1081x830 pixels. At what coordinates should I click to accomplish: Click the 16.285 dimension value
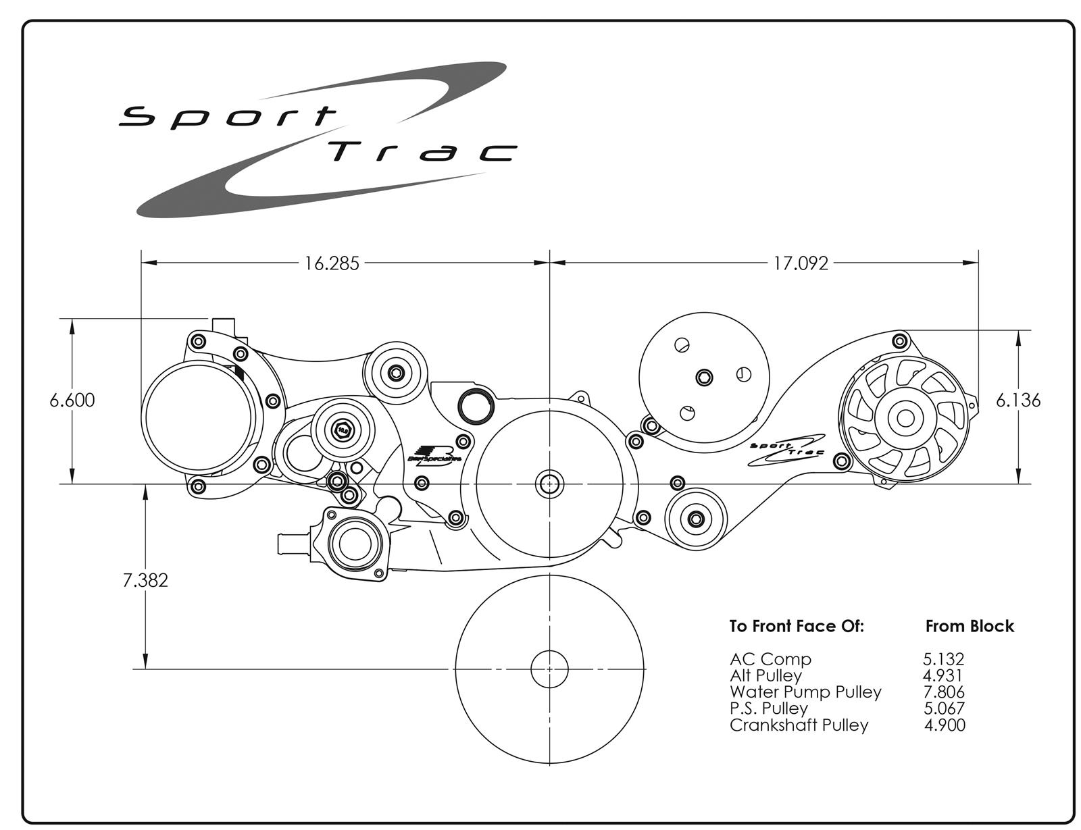point(331,263)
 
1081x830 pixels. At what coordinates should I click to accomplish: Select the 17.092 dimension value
point(801,263)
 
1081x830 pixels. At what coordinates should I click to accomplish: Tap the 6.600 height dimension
point(72,400)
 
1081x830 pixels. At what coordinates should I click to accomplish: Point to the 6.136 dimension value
point(1018,400)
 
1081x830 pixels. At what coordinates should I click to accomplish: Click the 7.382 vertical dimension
point(145,579)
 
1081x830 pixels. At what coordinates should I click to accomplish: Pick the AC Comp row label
point(770,658)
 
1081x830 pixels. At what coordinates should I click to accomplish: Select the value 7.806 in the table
point(944,692)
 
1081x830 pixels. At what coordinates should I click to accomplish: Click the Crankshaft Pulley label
point(799,725)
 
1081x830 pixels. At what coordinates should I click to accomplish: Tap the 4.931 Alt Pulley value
point(943,675)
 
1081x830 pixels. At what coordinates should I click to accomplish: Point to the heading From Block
point(970,626)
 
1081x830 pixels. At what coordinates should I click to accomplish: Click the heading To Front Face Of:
point(797,626)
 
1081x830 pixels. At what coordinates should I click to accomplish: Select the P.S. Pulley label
point(768,708)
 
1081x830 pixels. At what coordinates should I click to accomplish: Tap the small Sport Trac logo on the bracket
point(787,449)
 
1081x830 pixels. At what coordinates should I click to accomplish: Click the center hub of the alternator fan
point(905,417)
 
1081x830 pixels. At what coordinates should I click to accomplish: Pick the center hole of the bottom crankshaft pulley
point(549,669)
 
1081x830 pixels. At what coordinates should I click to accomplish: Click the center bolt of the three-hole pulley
point(703,376)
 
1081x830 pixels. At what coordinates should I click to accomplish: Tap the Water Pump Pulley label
point(805,692)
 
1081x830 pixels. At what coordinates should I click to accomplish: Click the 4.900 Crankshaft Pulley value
point(945,725)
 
